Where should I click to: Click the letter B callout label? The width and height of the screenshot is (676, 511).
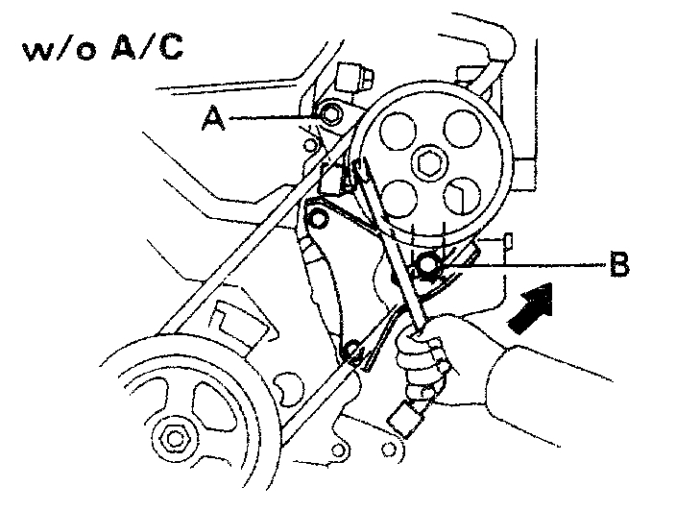point(620,263)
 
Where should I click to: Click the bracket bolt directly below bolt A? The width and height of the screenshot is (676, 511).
point(317,218)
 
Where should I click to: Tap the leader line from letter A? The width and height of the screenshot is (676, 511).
point(274,117)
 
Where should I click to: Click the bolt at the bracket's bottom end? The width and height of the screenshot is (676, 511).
point(353,350)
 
